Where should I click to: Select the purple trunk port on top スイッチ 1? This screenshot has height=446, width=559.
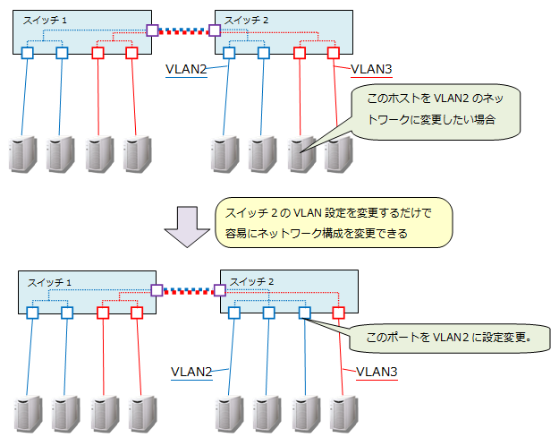coord(154,30)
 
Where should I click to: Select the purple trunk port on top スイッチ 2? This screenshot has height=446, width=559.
coord(215,30)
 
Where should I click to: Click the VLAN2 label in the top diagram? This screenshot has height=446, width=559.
coord(187,68)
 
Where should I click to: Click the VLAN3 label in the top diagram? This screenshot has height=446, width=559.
coord(371,68)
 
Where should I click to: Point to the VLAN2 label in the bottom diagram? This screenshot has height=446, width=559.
coord(191,371)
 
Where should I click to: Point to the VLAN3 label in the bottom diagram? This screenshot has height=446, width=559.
coord(377,371)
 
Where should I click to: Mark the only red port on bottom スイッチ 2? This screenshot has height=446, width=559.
coord(338,313)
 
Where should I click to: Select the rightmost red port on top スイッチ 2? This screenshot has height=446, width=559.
coord(334,54)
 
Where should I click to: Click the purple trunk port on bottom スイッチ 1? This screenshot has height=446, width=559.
coord(157,290)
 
